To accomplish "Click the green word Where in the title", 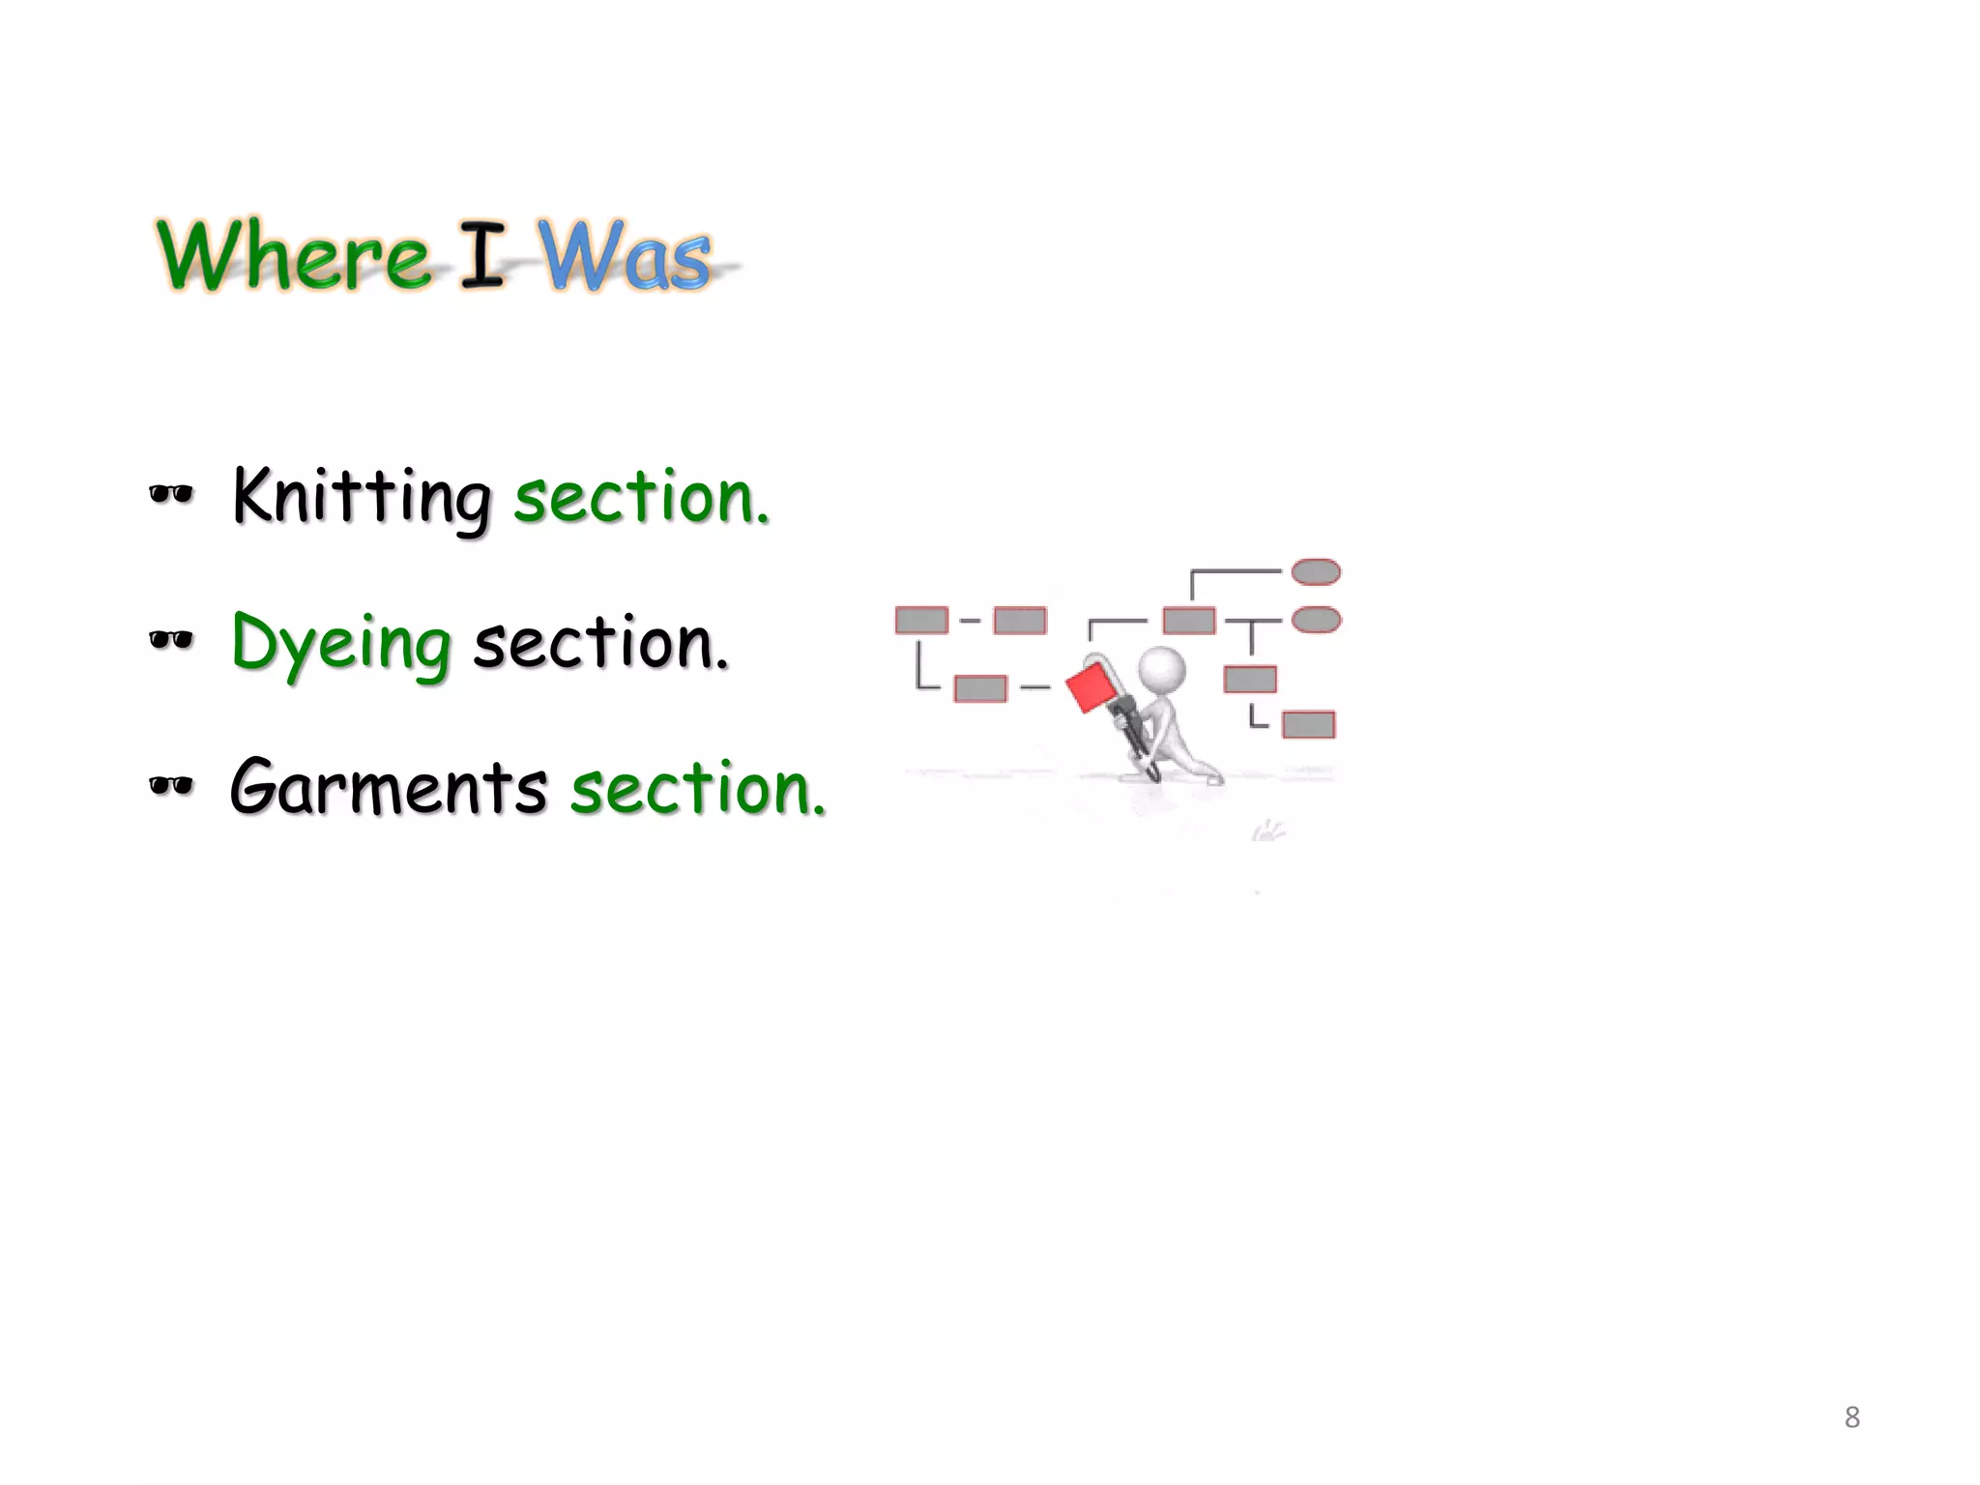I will pyautogui.click(x=293, y=254).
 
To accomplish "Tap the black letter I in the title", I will pyautogui.click(x=481, y=254).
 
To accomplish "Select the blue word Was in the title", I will pyautogui.click(x=625, y=256).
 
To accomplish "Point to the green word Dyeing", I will pyautogui.click(x=341, y=644).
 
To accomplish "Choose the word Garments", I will pyautogui.click(x=389, y=787).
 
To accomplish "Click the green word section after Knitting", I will pyautogui.click(x=641, y=497).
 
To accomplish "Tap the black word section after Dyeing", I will pyautogui.click(x=599, y=644).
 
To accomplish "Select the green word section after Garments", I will pyautogui.click(x=697, y=787).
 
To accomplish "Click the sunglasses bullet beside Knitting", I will pyautogui.click(x=171, y=495).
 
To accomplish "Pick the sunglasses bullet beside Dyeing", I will pyautogui.click(x=171, y=639).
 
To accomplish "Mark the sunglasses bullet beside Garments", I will pyautogui.click(x=171, y=785).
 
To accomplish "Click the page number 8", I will pyautogui.click(x=1851, y=1417).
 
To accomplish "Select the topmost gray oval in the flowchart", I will pyautogui.click(x=1316, y=572).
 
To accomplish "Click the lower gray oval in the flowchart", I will pyautogui.click(x=1316, y=620).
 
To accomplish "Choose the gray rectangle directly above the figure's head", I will pyautogui.click(x=1188, y=620).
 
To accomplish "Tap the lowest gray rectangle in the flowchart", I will pyautogui.click(x=1308, y=724).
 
